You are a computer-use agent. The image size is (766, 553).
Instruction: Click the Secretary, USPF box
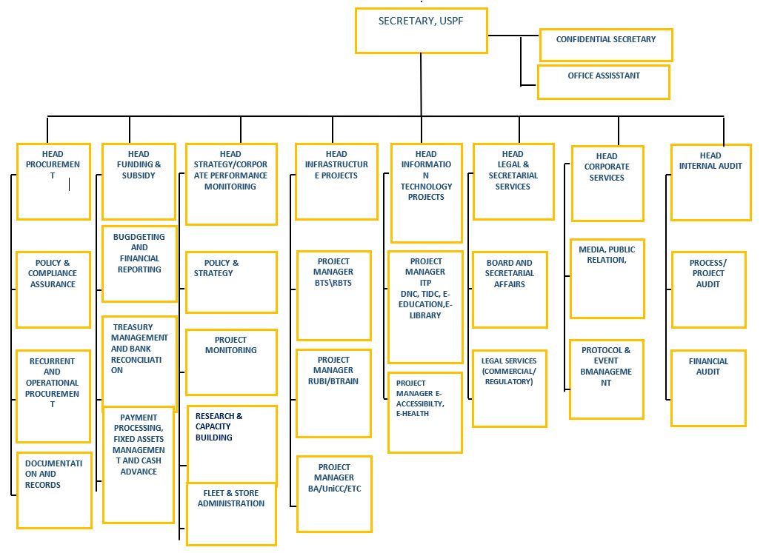coord(421,31)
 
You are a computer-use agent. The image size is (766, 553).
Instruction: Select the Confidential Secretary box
coord(606,45)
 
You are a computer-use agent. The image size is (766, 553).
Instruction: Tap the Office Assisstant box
coord(603,82)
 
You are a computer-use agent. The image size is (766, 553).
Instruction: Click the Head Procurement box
coord(54,181)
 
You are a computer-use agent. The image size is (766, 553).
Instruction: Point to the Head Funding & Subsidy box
coord(139,181)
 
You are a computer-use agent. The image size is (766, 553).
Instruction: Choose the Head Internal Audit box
coord(710,183)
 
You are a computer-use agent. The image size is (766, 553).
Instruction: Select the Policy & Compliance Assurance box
coord(53,290)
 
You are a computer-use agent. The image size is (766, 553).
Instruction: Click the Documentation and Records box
coord(54,491)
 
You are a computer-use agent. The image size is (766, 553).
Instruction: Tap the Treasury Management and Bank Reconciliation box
coord(139,363)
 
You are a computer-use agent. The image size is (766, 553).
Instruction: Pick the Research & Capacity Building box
coord(232,445)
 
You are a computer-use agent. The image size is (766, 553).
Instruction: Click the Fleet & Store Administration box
coord(232,514)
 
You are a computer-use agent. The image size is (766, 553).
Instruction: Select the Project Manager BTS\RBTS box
coord(334,295)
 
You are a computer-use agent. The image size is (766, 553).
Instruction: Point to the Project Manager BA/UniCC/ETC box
coord(334,494)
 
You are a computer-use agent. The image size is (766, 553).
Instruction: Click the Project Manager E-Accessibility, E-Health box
coord(425,413)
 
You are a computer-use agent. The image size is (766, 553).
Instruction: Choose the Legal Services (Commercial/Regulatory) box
coord(510,389)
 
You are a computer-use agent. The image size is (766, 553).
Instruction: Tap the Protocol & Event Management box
coord(606,379)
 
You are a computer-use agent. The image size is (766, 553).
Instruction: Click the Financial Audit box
coord(708,389)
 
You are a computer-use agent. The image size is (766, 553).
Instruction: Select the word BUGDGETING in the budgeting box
coord(139,237)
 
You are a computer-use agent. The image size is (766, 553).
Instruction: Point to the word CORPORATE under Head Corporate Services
coord(607,167)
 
